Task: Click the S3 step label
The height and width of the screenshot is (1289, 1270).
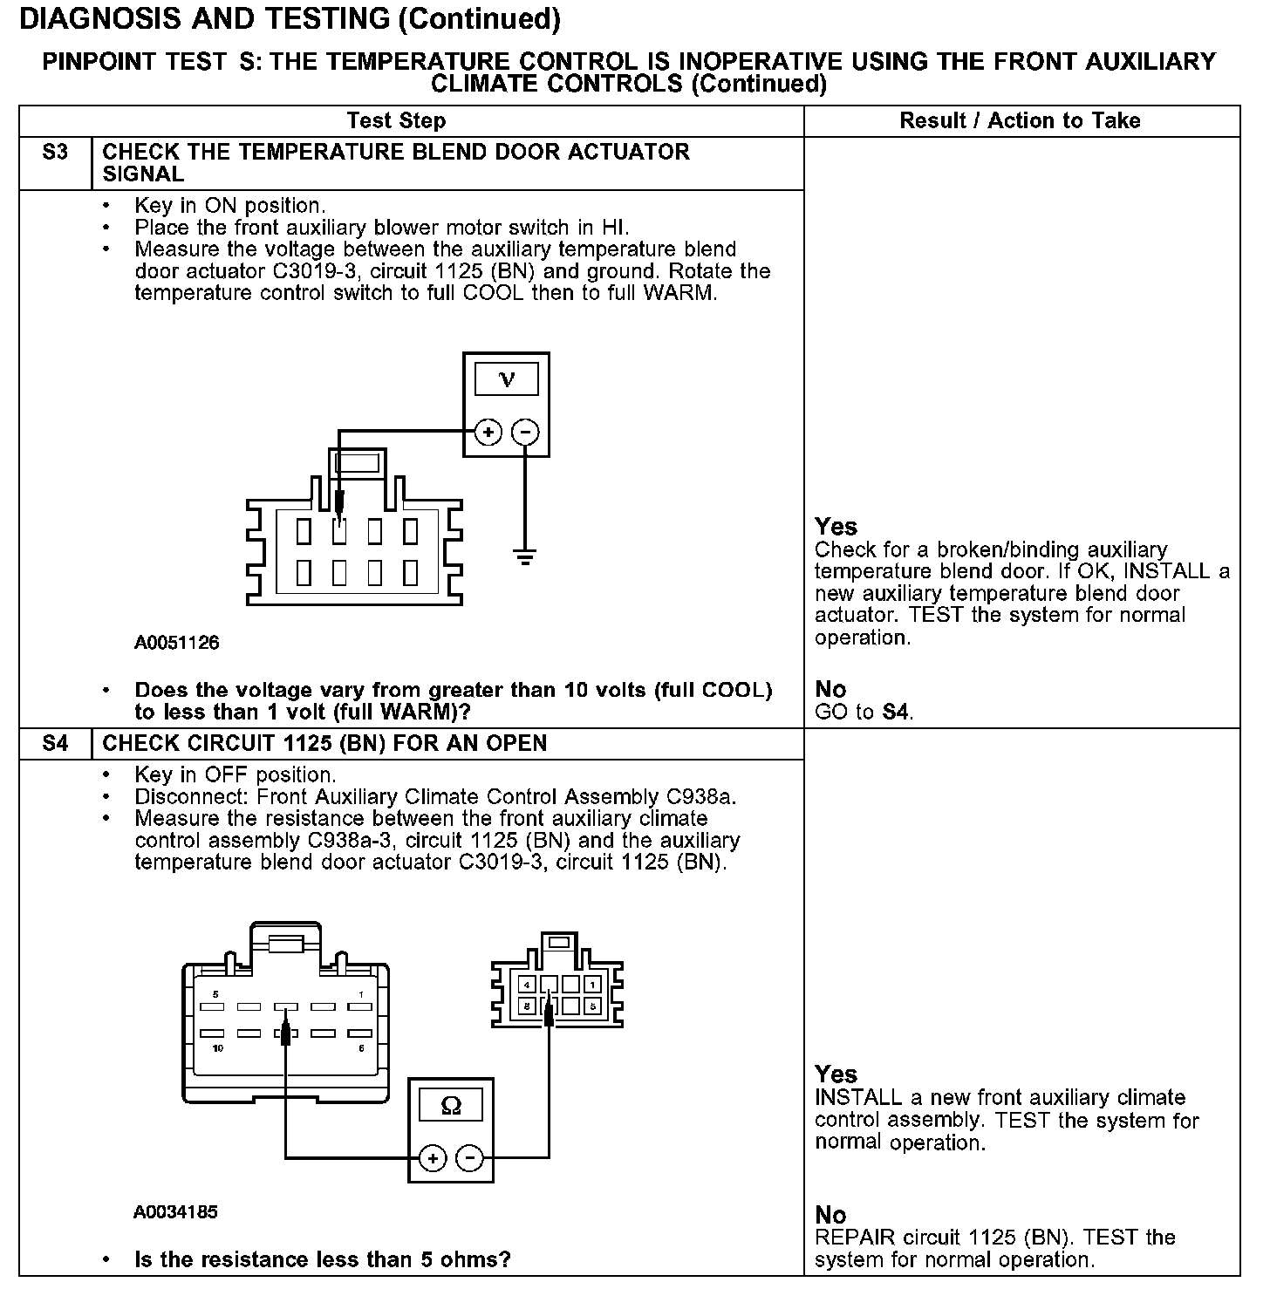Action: tap(55, 153)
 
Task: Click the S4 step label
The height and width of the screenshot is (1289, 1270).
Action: tap(55, 744)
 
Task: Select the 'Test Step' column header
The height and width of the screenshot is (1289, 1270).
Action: tap(396, 121)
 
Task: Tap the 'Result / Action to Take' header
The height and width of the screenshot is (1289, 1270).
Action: tap(1020, 121)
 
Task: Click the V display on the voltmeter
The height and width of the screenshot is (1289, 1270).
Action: tap(506, 379)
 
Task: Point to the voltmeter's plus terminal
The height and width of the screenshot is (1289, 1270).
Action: tap(488, 432)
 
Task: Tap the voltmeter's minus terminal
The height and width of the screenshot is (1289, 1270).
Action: tap(524, 432)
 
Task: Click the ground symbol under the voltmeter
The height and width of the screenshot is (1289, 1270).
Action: tap(524, 556)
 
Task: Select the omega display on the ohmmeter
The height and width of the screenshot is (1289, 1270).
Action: tap(451, 1106)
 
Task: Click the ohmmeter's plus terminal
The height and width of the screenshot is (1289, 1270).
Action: tap(434, 1158)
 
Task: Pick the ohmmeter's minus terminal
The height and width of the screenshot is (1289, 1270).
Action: tap(469, 1158)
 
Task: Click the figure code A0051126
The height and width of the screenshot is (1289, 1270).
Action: tap(177, 644)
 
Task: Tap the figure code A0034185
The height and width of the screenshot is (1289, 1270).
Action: tap(175, 1212)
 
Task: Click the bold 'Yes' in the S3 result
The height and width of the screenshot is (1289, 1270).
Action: tap(836, 527)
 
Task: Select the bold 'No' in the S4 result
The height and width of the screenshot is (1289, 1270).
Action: tap(830, 1215)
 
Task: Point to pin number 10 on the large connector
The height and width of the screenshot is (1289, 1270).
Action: tap(218, 1048)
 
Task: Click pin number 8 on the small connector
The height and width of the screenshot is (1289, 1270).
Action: tap(528, 1006)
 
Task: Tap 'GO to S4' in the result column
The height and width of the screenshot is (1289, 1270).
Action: tap(864, 712)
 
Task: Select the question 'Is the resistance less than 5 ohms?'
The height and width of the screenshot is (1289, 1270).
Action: tap(323, 1259)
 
